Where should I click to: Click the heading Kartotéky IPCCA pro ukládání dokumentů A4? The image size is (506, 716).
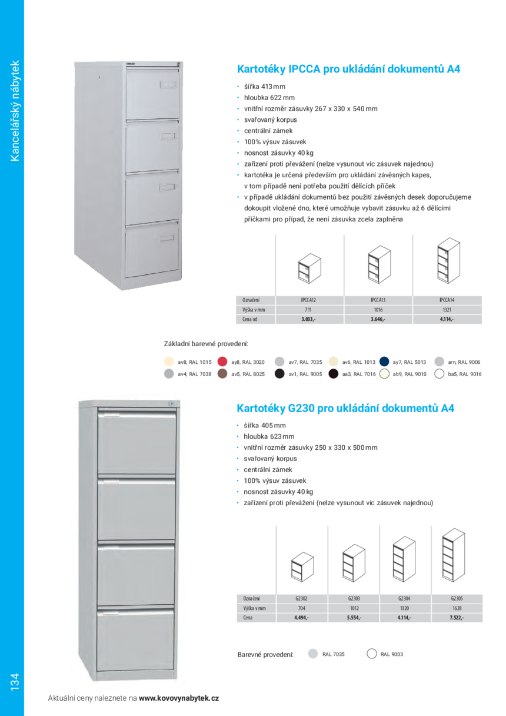[348, 69]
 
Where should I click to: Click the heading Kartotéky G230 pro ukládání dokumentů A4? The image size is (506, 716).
[345, 408]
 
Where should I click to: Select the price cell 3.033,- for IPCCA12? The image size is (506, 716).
[308, 319]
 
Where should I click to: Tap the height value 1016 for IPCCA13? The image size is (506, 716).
[378, 310]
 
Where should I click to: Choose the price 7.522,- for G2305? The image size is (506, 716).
[457, 618]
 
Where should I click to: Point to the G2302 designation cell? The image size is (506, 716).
[301, 599]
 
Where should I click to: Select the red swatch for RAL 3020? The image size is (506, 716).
[222, 362]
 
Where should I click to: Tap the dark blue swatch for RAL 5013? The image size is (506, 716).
[385, 362]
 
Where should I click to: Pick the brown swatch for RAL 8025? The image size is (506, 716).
[222, 374]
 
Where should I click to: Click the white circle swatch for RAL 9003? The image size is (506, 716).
[371, 654]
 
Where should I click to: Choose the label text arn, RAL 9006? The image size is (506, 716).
[464, 363]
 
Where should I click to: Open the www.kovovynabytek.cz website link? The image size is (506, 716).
[179, 698]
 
